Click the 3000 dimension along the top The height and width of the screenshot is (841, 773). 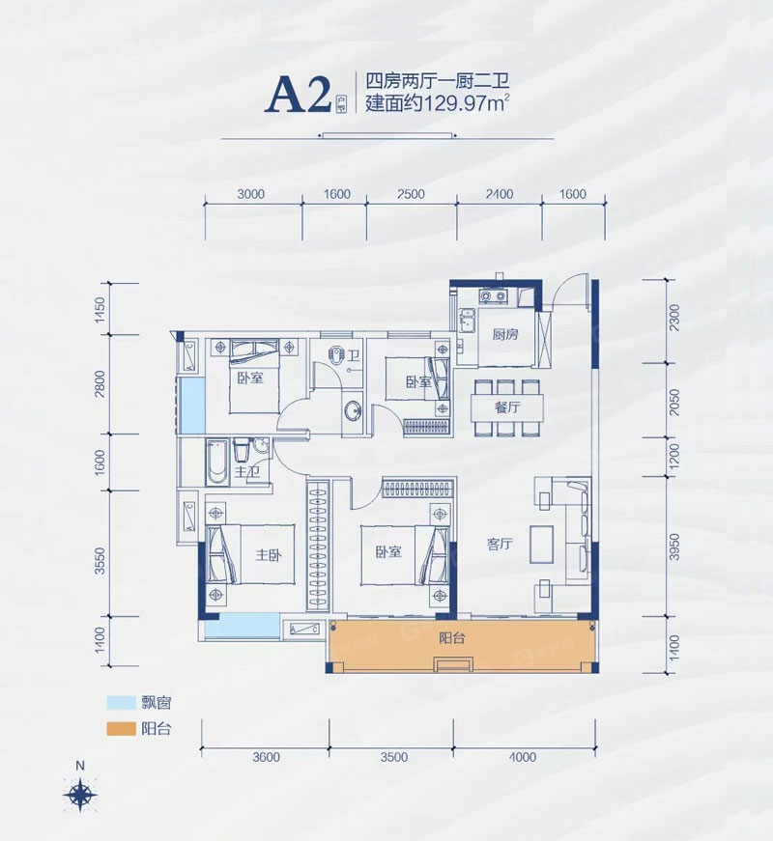click(250, 194)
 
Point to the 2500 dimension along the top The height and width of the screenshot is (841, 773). click(411, 194)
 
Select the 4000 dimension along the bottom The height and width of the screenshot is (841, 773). click(522, 757)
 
